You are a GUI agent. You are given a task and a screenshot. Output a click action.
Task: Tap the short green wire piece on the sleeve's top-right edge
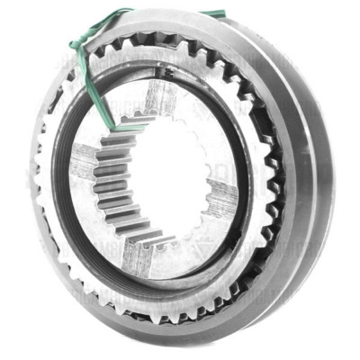pyautogui.click(x=213, y=14)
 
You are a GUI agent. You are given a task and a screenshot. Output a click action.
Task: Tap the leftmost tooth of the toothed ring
pyautogui.click(x=38, y=180)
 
